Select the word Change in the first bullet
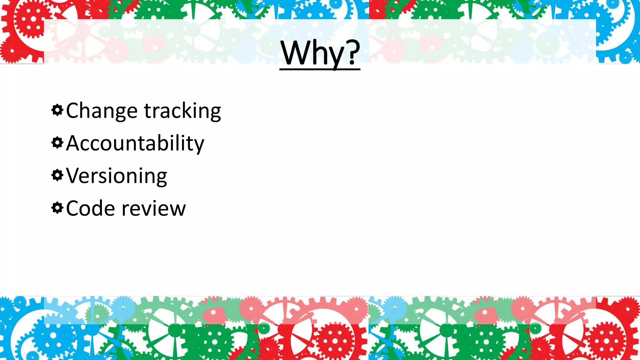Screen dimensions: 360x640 click(x=102, y=111)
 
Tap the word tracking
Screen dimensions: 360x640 click(x=182, y=111)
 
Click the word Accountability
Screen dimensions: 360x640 click(x=135, y=143)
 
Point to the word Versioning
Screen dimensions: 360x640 click(x=117, y=176)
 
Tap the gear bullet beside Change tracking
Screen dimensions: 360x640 click(x=57, y=110)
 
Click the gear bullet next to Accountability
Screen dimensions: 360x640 click(x=57, y=143)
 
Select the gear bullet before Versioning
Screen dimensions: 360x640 click(x=57, y=175)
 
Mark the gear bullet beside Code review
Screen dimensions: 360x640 click(x=57, y=208)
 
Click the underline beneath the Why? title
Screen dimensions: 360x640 click(x=320, y=69)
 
